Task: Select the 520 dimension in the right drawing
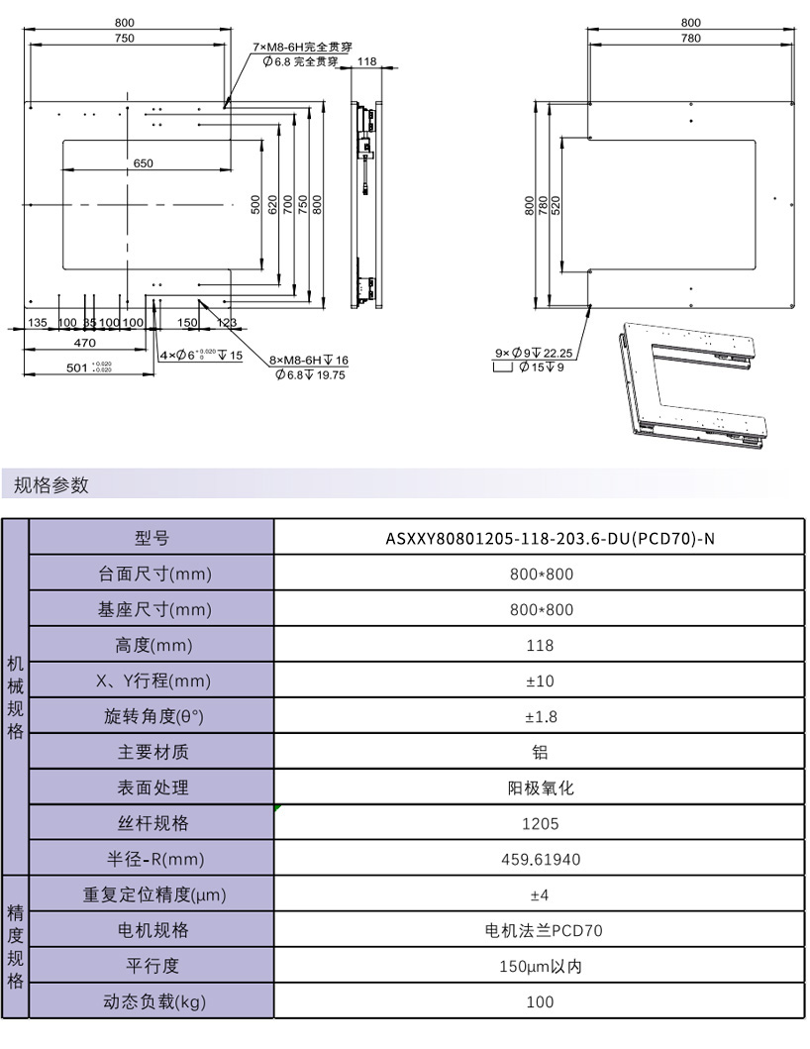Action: tap(556, 205)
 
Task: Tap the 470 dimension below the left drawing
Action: tap(85, 342)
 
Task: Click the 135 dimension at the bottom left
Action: tap(38, 323)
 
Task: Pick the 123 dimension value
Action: tap(226, 323)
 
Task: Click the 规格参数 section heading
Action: tap(51, 485)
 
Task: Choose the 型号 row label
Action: tap(152, 539)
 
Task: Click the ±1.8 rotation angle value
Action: tap(541, 717)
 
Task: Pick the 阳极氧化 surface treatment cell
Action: tap(541, 788)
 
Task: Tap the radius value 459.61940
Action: tap(541, 860)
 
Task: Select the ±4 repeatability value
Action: tap(541, 895)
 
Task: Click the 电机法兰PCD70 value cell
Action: tap(541, 931)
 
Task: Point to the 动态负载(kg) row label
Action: tap(152, 1002)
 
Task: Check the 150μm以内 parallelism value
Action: tap(541, 967)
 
